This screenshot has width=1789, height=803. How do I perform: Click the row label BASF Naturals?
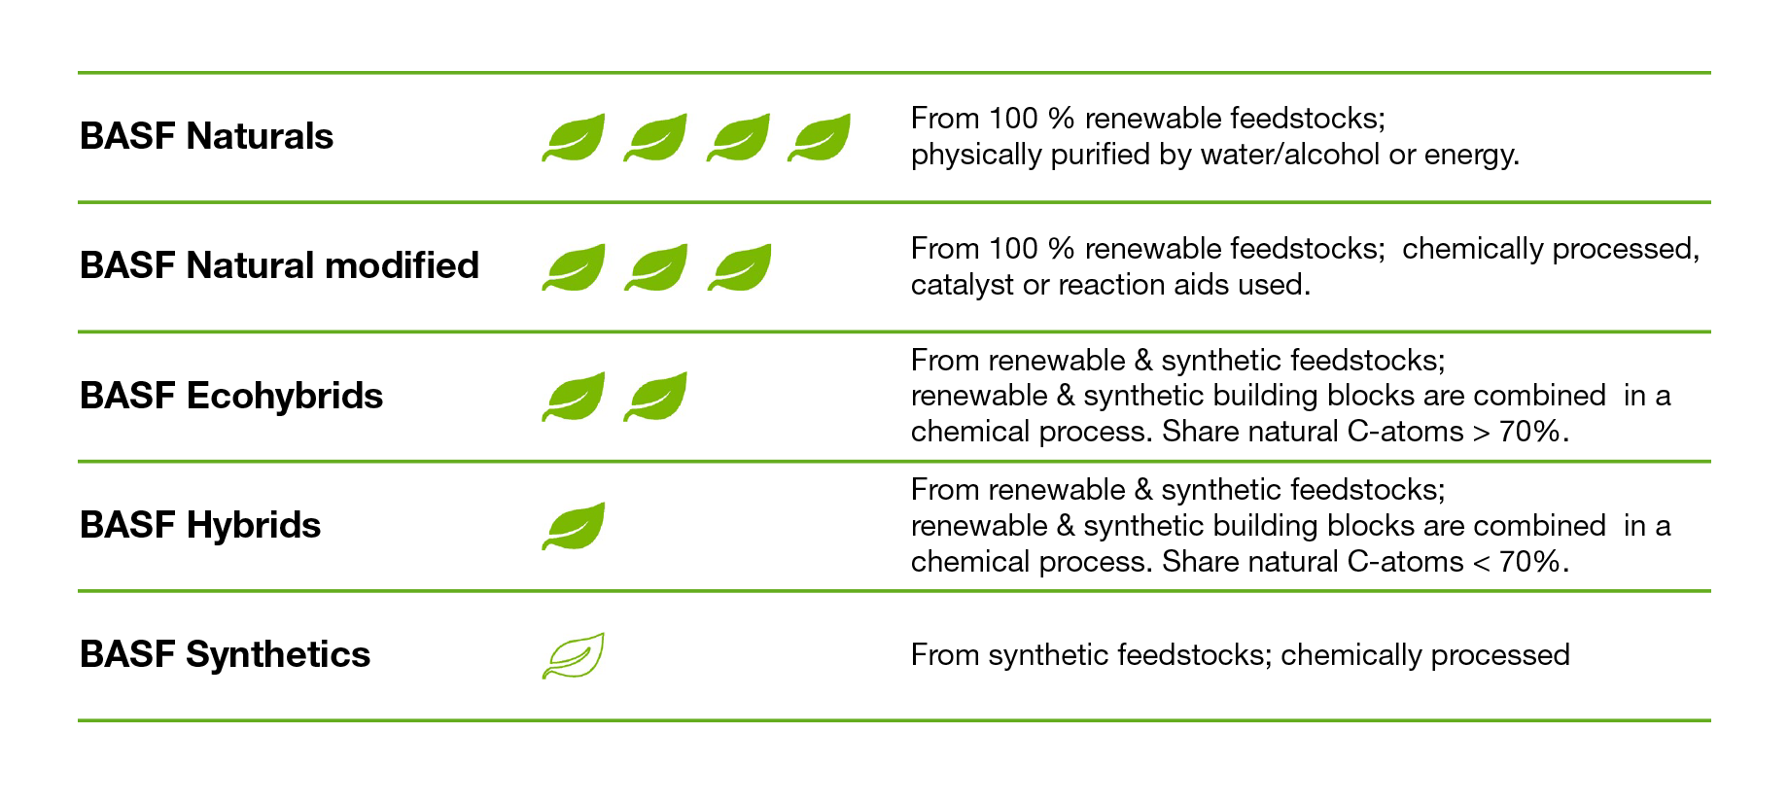(206, 136)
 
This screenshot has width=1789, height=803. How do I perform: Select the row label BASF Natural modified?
(280, 265)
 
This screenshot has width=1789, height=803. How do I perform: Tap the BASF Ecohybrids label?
(231, 397)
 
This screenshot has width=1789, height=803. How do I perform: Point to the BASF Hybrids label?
(200, 526)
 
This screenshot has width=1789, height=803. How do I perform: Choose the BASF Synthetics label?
(225, 655)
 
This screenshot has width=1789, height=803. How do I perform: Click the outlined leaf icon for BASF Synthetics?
(574, 655)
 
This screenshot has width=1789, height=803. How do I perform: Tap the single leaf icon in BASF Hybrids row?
(574, 526)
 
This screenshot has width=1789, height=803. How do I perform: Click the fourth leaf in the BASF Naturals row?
(820, 137)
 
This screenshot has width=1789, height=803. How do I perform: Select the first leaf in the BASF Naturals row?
(574, 137)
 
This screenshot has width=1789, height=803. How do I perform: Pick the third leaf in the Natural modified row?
(739, 267)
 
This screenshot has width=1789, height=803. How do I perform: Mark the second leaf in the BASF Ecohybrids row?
(656, 396)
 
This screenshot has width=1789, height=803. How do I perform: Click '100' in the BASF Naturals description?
(1013, 119)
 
